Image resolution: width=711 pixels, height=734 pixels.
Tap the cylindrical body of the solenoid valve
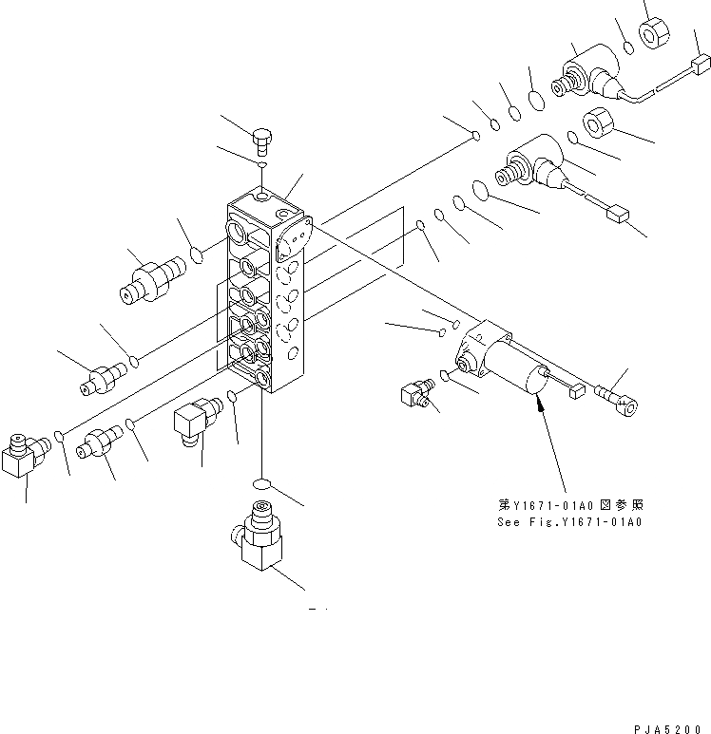pyautogui.click(x=524, y=381)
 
